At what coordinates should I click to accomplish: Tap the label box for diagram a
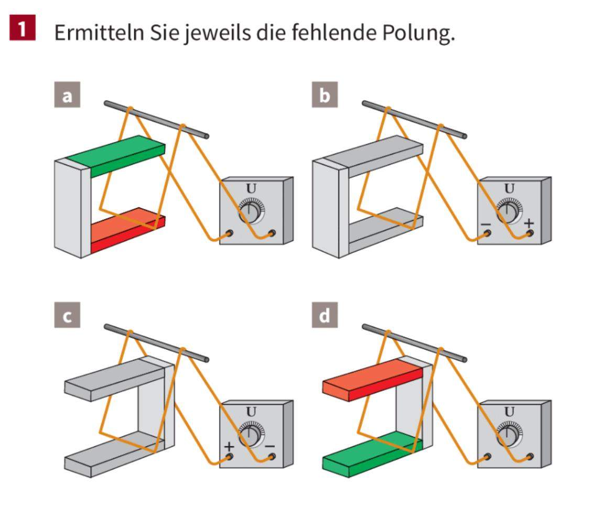tap(67, 96)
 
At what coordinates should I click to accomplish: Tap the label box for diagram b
tap(325, 96)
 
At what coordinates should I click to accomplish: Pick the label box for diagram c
tap(67, 317)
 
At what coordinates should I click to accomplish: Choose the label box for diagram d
tap(325, 317)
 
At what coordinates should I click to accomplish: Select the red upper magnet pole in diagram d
tap(372, 380)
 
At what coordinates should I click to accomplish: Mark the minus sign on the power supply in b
tap(485, 225)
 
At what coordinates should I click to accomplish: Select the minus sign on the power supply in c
tap(270, 446)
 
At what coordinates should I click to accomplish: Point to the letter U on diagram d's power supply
tap(509, 412)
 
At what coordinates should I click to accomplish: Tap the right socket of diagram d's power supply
tap(530, 457)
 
